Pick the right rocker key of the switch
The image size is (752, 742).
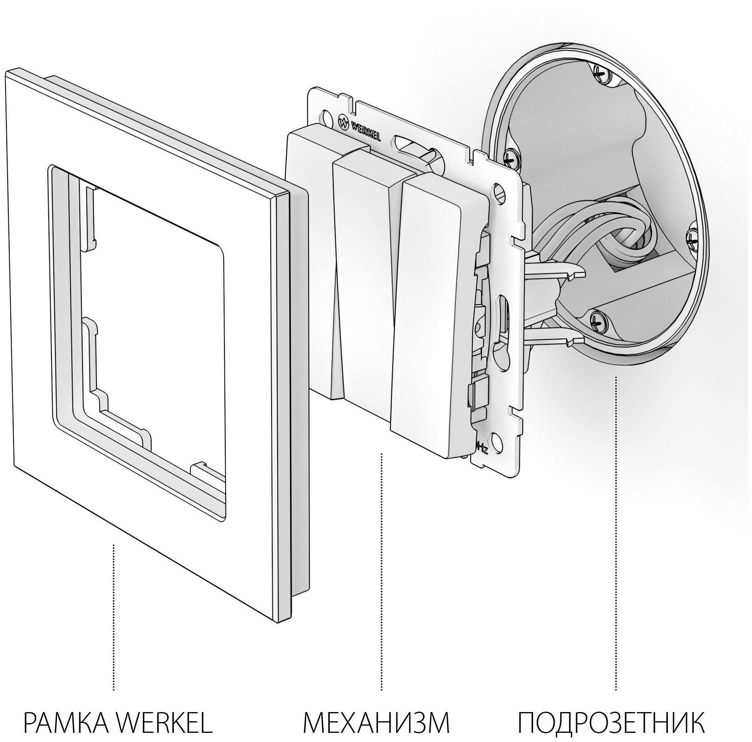click(437, 299)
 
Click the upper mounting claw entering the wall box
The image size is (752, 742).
click(558, 271)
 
